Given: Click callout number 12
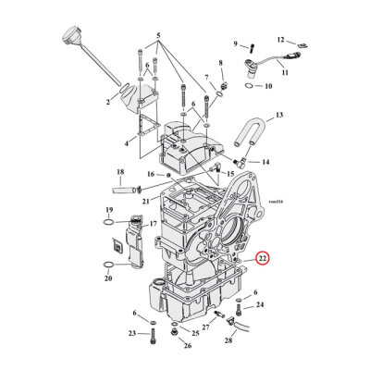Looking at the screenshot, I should point(281,41).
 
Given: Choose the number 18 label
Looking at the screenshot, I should point(119,172).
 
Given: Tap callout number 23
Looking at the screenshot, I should point(130,333).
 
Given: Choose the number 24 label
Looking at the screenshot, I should point(260,305).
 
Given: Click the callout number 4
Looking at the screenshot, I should point(127,143).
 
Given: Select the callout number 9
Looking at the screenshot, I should point(235,43).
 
